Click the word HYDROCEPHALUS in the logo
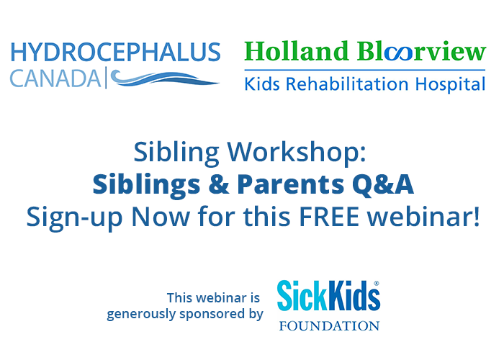[115, 52]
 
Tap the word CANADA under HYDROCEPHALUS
[55, 78]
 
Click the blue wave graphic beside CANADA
[164, 78]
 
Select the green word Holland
[297, 51]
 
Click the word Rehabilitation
[347, 84]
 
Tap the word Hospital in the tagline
[450, 84]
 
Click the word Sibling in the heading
[176, 153]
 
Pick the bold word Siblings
[147, 186]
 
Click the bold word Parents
[291, 184]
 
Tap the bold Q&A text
[383, 184]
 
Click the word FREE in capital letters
[329, 217]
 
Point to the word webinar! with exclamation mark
[423, 216]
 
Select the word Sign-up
[74, 218]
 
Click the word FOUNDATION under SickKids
[329, 326]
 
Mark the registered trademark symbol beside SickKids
[377, 284]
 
